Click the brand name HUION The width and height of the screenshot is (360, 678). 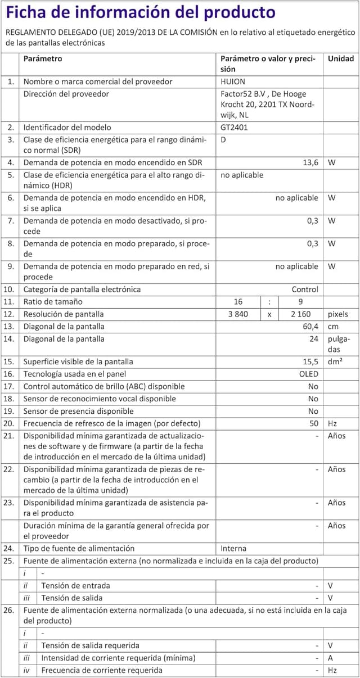[233, 82]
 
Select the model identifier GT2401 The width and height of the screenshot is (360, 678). [234, 127]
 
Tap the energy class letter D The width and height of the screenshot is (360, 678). [223, 139]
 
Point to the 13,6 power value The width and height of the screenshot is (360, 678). [310, 162]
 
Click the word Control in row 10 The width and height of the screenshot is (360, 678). [305, 290]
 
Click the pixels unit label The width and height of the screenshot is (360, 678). [338, 314]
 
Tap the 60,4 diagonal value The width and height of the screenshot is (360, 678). [310, 327]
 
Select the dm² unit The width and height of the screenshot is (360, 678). [336, 361]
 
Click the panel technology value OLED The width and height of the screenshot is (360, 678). [309, 374]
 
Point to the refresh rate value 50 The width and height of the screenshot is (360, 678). [313, 423]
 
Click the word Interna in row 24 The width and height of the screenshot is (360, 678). [233, 548]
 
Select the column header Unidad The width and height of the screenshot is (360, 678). [341, 58]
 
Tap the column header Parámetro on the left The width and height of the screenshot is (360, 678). [43, 58]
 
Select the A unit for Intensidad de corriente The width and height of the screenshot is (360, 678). [331, 658]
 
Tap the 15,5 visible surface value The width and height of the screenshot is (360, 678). [310, 361]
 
